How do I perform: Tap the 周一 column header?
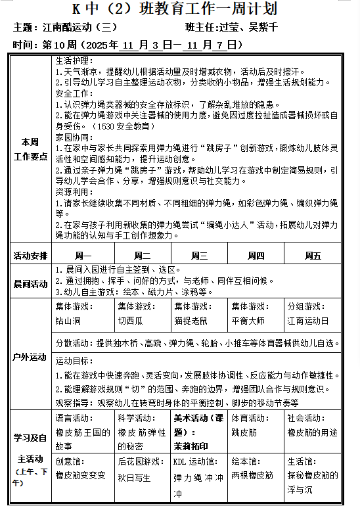[83, 256]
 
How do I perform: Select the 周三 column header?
[200, 256]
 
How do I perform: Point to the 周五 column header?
[313, 256]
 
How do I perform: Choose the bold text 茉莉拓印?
[191, 444]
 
